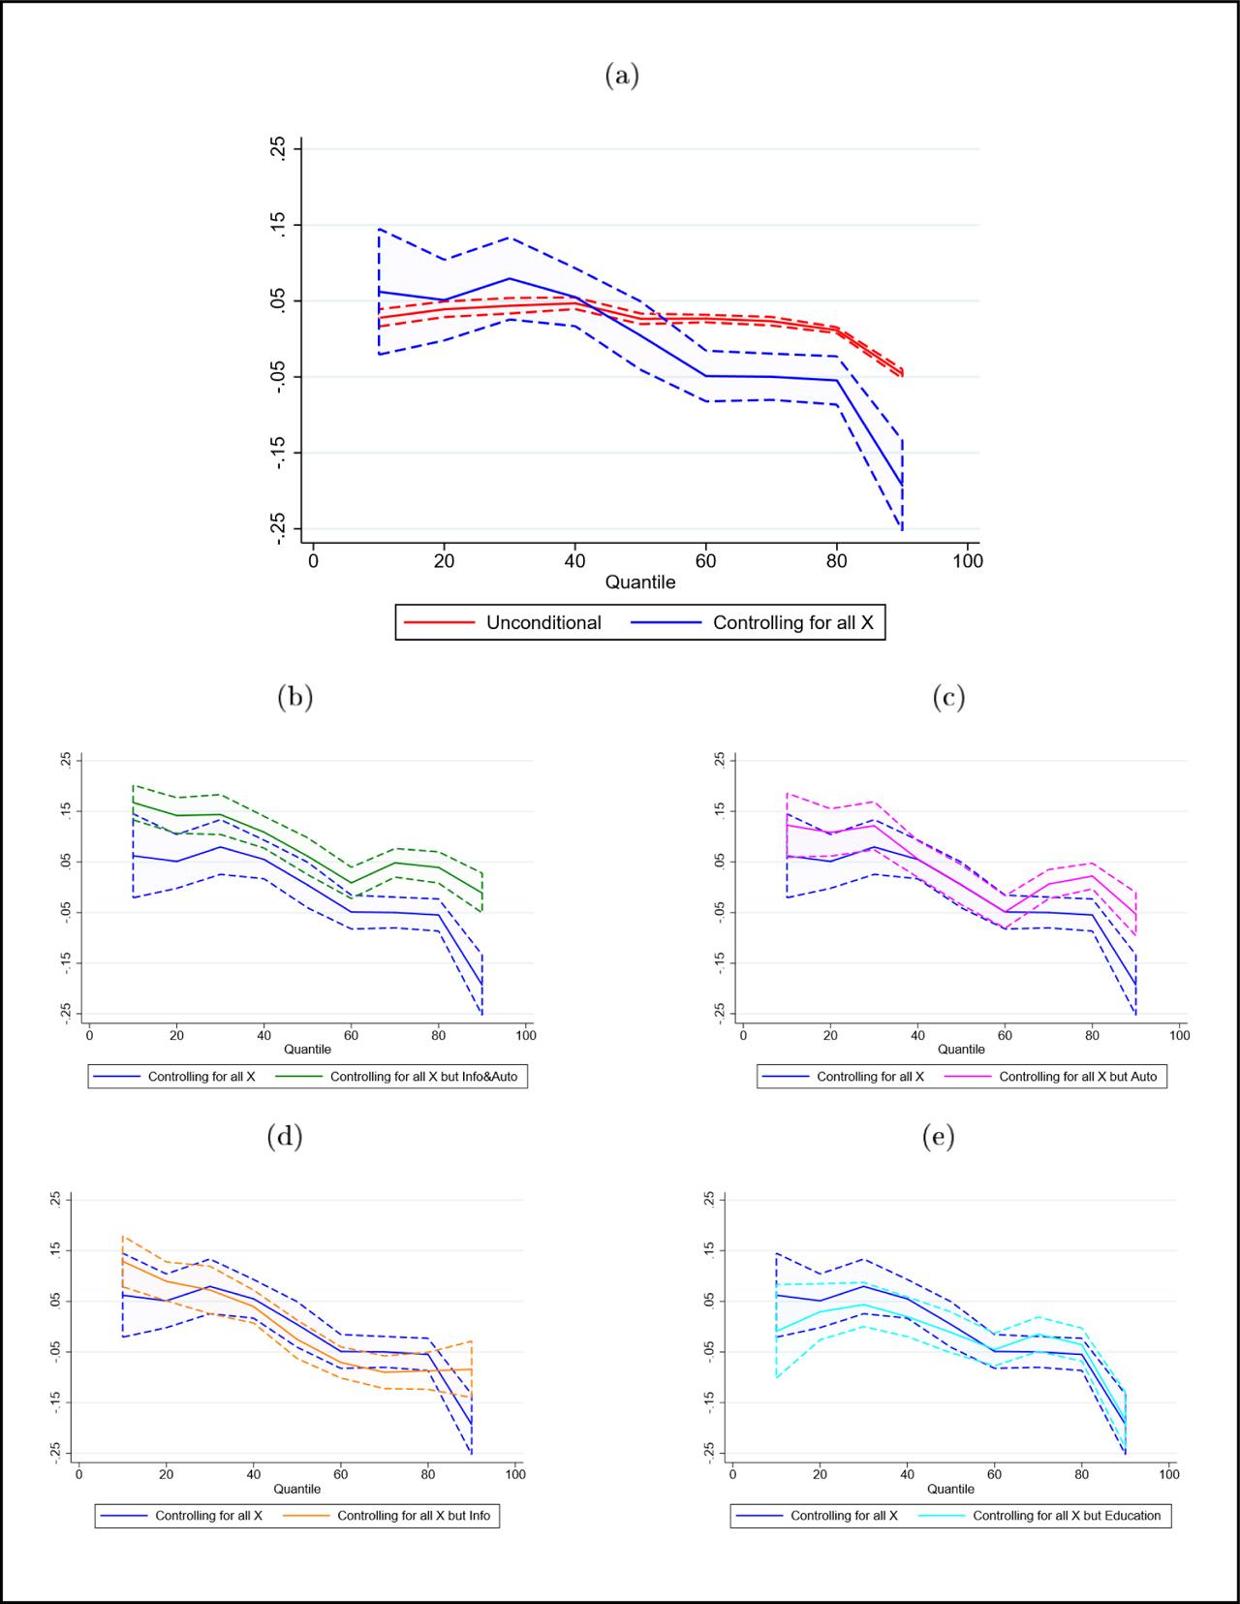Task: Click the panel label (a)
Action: (621, 76)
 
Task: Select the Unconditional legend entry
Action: (543, 623)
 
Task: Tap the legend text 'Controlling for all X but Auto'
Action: (1077, 1077)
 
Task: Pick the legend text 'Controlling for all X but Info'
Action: (414, 1516)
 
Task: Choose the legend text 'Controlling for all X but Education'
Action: (1066, 1516)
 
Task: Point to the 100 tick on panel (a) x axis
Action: (968, 561)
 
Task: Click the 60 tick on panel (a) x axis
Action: (706, 561)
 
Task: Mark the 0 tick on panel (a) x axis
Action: (313, 561)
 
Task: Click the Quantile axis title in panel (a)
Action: (640, 582)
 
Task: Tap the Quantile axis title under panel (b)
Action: (307, 1050)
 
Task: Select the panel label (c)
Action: (948, 698)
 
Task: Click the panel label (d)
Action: (285, 1136)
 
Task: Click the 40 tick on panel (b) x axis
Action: (263, 1035)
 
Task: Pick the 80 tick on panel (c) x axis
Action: (1092, 1035)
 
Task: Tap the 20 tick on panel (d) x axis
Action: (166, 1475)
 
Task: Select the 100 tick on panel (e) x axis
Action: (1169, 1475)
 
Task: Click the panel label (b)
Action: (294, 698)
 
